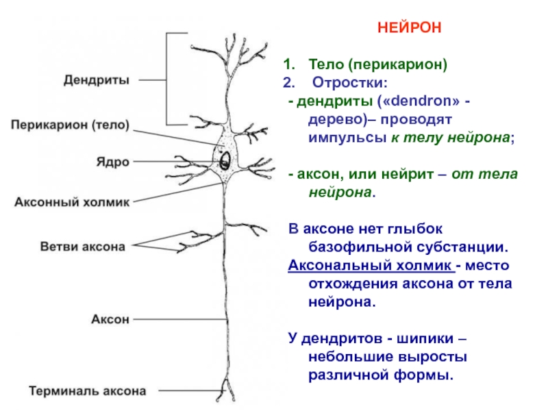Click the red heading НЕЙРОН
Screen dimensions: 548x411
[x=409, y=27]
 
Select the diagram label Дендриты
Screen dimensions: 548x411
[x=97, y=80]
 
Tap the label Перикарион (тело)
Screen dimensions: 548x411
[x=70, y=125]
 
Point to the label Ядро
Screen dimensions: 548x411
[x=113, y=162]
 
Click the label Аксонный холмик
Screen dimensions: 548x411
[x=72, y=202]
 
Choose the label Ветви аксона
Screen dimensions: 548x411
[x=83, y=247]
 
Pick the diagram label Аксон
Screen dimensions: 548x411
[x=110, y=319]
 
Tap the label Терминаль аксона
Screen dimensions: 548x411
[x=88, y=390]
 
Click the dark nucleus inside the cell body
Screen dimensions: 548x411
[x=225, y=161]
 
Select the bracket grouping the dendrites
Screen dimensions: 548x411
[x=166, y=79]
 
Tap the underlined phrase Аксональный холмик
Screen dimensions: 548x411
[x=371, y=265]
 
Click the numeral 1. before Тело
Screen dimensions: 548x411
[x=289, y=64]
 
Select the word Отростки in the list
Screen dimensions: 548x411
[x=350, y=82]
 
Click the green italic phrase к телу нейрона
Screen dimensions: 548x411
[x=451, y=138]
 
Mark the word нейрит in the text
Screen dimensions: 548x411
[x=408, y=174]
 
